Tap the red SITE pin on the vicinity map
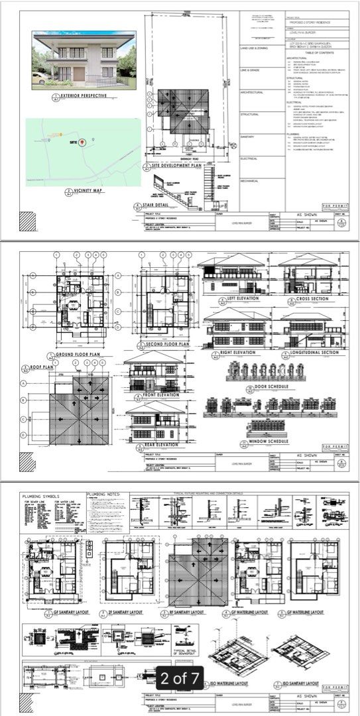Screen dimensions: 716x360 point(82,142)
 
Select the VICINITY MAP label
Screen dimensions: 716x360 point(82,192)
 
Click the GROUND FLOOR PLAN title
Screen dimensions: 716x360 point(78,355)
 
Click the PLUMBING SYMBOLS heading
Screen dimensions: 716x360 point(42,496)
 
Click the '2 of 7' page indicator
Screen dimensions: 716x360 point(178,678)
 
